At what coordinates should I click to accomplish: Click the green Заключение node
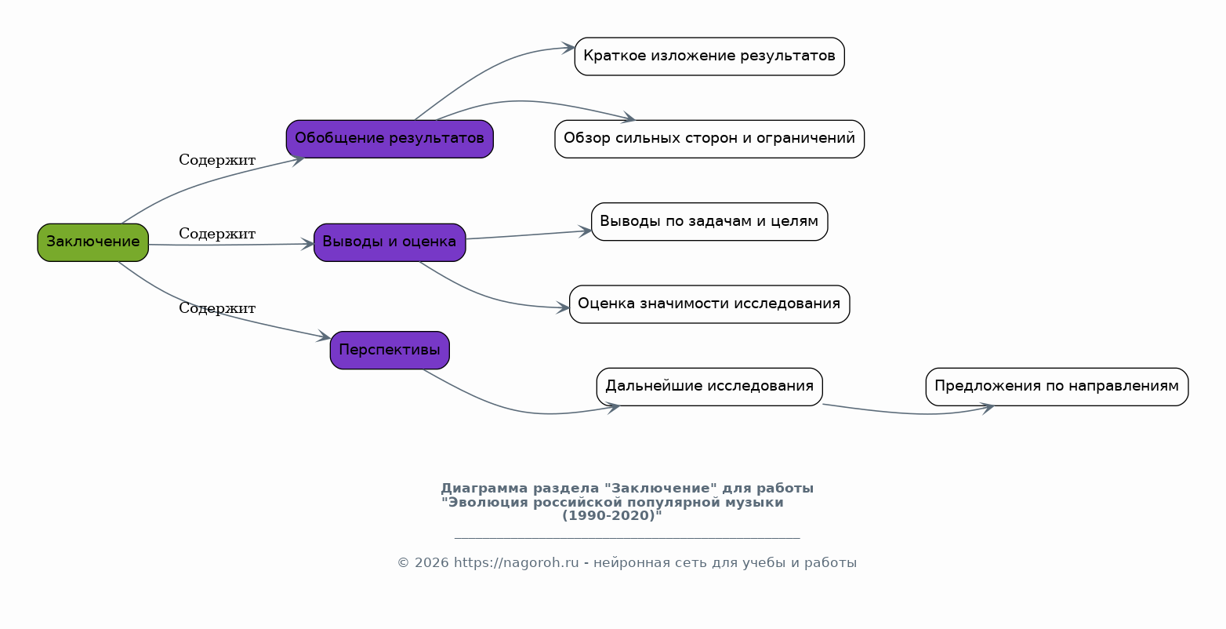click(x=93, y=242)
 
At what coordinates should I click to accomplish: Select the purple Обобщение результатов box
click(x=390, y=139)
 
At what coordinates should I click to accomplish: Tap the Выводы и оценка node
click(x=390, y=242)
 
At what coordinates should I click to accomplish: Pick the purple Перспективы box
click(x=390, y=351)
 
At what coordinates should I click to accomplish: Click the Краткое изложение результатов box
click(x=709, y=56)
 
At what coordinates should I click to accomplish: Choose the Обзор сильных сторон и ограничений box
click(x=709, y=139)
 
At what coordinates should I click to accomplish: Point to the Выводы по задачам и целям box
click(x=709, y=222)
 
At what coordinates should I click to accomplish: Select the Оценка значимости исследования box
click(x=709, y=304)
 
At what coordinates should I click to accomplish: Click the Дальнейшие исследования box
click(x=709, y=387)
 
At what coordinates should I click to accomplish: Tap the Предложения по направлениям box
click(x=1057, y=387)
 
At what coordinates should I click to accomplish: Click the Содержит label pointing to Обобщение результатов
click(x=217, y=161)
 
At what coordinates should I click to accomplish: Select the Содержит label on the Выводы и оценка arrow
click(x=217, y=235)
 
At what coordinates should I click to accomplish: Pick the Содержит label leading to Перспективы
click(x=217, y=309)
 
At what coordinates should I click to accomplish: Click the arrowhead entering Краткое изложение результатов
click(x=569, y=48)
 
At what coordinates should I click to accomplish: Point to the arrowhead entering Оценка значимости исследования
click(x=564, y=308)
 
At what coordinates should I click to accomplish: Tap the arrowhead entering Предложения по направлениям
click(x=988, y=408)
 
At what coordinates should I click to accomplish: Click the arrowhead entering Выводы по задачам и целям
click(x=585, y=231)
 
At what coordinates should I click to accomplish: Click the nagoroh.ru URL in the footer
click(x=516, y=563)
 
